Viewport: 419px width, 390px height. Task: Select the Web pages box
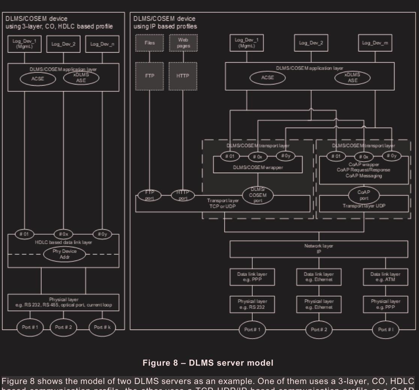[x=183, y=42]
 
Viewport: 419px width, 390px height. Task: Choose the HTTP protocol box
[x=183, y=75]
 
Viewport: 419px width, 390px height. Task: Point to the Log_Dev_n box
[x=99, y=44]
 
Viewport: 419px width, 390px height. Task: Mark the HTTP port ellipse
[x=183, y=195]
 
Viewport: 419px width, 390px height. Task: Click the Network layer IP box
[x=318, y=248]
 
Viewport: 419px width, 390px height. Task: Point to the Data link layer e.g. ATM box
[x=386, y=277]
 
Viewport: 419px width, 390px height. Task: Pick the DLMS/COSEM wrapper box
[x=258, y=167]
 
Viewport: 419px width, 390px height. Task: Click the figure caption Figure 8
[x=209, y=363]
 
